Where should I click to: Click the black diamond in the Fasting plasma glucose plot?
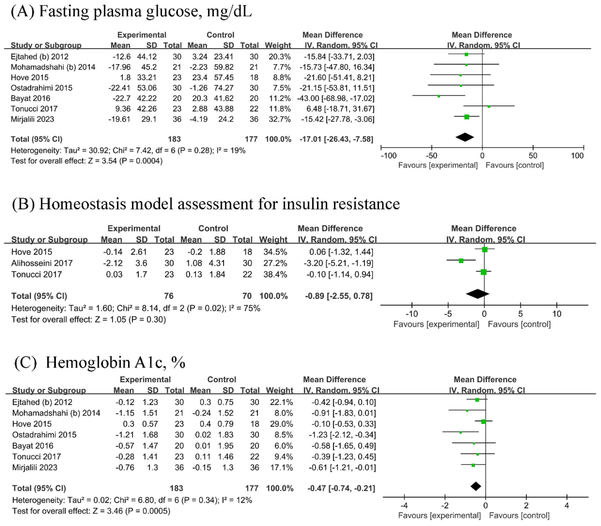[x=465, y=137]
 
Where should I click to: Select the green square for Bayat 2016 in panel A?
[x=439, y=96]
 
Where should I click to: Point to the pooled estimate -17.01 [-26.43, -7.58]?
[x=336, y=139]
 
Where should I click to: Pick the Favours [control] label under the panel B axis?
[x=519, y=324]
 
